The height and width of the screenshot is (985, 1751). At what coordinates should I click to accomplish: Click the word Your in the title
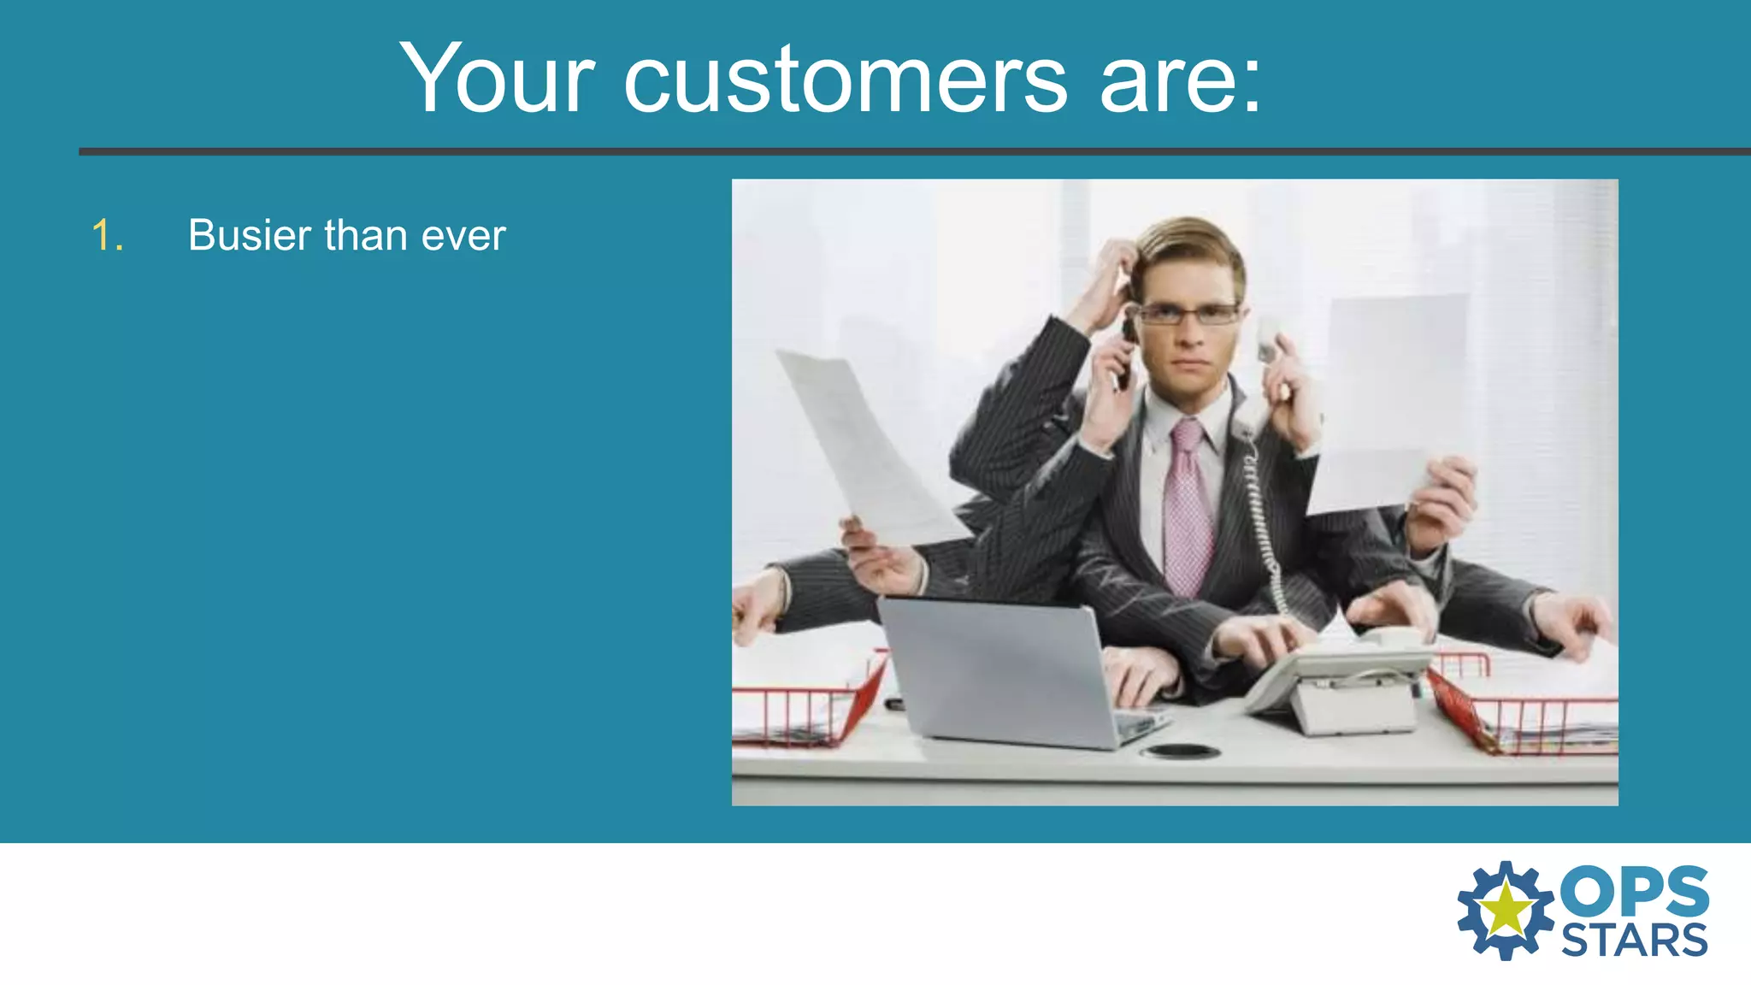pos(497,79)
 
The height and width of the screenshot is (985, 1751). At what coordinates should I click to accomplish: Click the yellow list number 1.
pos(107,235)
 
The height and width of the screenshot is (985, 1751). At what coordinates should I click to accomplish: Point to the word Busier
pos(250,235)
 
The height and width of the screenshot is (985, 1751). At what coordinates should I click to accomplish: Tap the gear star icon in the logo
pos(1505,910)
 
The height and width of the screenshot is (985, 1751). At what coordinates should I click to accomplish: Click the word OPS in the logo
pos(1635,892)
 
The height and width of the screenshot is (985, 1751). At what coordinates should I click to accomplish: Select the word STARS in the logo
pos(1634,941)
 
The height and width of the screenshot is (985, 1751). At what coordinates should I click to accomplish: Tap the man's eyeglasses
pos(1188,315)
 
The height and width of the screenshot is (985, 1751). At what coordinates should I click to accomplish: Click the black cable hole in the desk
pos(1182,752)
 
